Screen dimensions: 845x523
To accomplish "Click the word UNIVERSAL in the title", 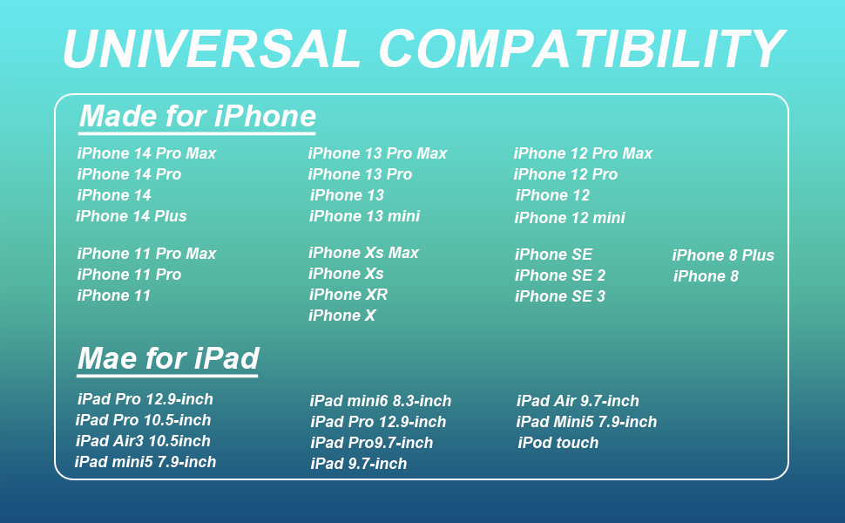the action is click(x=211, y=49).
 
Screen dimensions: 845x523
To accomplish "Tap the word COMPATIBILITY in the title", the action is click(x=582, y=49).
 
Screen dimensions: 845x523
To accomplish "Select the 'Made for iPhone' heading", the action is click(x=197, y=116).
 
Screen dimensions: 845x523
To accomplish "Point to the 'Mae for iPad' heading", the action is click(x=168, y=358).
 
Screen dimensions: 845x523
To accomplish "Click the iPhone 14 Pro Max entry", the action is click(x=146, y=153).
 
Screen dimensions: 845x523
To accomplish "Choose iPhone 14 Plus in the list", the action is click(x=132, y=216).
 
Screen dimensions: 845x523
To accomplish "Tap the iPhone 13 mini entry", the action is click(x=364, y=216).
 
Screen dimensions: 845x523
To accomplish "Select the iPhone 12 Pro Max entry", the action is click(x=583, y=153).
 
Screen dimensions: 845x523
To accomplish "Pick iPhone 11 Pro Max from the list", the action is click(x=146, y=254).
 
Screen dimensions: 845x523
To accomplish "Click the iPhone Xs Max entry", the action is click(x=364, y=253).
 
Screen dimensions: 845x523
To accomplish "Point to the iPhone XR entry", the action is click(x=348, y=295).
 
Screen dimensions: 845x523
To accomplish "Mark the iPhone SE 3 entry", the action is click(x=560, y=296).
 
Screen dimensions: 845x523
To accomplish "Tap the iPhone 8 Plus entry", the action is click(x=723, y=255).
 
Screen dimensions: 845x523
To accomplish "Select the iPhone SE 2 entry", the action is click(x=560, y=275).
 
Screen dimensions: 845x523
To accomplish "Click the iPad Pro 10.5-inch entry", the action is click(x=144, y=420).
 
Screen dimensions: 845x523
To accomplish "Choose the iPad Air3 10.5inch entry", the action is click(x=143, y=441).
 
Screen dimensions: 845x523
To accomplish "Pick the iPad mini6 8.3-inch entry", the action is click(x=381, y=401).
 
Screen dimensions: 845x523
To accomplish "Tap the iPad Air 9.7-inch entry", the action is click(x=578, y=401).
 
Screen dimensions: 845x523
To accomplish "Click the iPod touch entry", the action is click(x=558, y=443).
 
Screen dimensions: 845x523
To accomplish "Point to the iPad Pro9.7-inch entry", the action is click(x=372, y=443).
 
